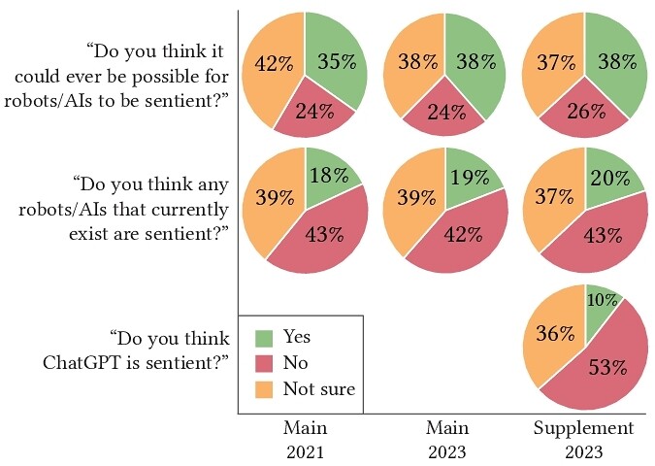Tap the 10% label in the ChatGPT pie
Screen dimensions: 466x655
point(602,301)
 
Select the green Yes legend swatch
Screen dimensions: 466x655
point(264,338)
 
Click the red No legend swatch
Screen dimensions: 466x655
point(264,363)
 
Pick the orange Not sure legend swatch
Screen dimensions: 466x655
point(264,389)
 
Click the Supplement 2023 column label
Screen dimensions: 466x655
point(585,439)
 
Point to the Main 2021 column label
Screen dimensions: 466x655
point(305,439)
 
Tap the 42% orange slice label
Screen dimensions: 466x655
point(273,64)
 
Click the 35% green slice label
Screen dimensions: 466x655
point(335,62)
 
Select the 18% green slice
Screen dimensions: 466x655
point(330,176)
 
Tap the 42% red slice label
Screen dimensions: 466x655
point(463,233)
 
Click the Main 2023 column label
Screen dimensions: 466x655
point(446,439)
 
